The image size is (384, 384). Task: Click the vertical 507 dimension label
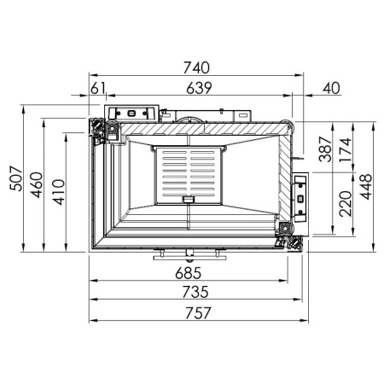[x=14, y=178]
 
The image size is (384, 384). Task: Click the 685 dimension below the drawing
[x=189, y=274]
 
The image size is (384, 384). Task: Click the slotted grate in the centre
[x=188, y=175]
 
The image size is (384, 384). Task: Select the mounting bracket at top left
[x=131, y=113]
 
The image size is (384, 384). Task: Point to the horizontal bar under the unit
[x=189, y=253]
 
